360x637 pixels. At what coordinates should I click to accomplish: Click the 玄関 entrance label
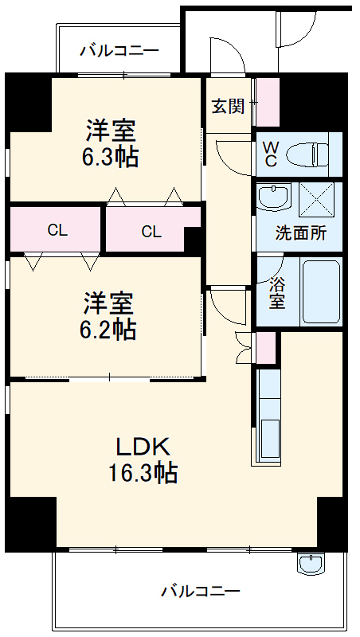pyautogui.click(x=227, y=106)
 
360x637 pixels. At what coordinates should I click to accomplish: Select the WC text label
pyautogui.click(x=271, y=154)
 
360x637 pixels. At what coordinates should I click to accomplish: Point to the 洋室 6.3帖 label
pyautogui.click(x=111, y=143)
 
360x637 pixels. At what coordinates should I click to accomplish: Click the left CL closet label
pyautogui.click(x=57, y=231)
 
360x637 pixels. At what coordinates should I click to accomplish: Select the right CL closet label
pyautogui.click(x=151, y=232)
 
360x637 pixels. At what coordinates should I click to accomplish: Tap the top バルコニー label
pyautogui.click(x=119, y=50)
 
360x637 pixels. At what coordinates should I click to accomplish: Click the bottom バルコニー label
pyautogui.click(x=200, y=592)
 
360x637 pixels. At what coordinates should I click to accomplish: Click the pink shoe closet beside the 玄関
pyautogui.click(x=267, y=102)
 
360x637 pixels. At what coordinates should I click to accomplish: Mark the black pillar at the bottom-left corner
pyautogui.click(x=30, y=523)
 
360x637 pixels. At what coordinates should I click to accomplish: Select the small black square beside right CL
pyautogui.click(x=193, y=239)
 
